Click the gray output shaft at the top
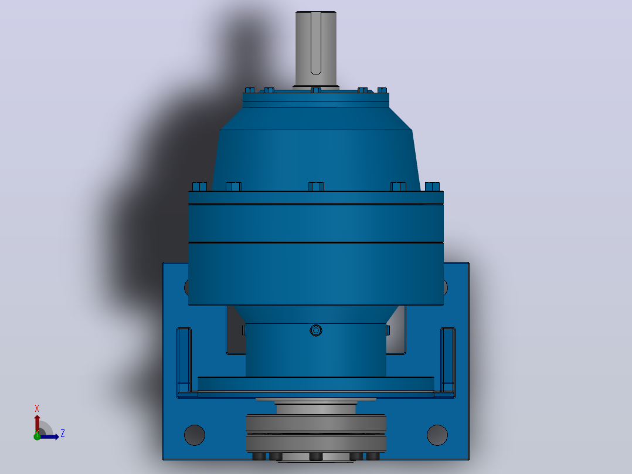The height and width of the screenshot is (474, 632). pyautogui.click(x=315, y=49)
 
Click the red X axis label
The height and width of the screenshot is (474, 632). pyautogui.click(x=37, y=409)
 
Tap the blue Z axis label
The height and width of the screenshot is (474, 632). pyautogui.click(x=63, y=434)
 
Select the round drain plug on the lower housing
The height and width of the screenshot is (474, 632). pyautogui.click(x=316, y=331)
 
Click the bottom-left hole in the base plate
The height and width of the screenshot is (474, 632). pyautogui.click(x=195, y=435)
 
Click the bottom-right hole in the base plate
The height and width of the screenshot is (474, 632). pyautogui.click(x=437, y=435)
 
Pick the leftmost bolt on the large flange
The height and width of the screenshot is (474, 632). pyautogui.click(x=199, y=187)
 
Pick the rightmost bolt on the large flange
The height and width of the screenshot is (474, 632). pyautogui.click(x=432, y=187)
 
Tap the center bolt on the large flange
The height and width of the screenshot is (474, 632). pyautogui.click(x=316, y=187)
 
